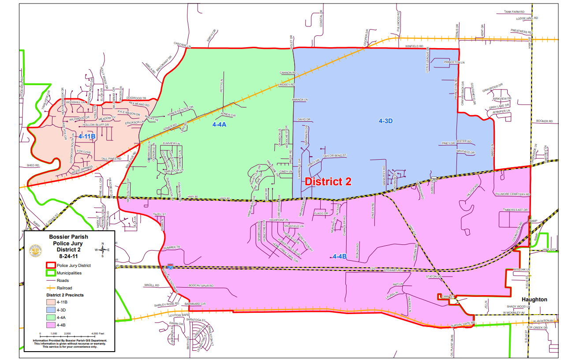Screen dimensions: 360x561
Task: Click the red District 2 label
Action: click(328, 181)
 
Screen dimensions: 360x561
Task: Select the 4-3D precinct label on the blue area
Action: click(385, 120)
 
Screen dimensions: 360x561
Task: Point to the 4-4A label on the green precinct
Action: click(219, 125)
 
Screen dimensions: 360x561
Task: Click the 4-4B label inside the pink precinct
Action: click(340, 256)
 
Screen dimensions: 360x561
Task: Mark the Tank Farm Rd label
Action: click(514, 12)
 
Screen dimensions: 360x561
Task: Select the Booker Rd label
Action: click(544, 121)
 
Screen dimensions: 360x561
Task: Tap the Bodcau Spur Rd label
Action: click(201, 286)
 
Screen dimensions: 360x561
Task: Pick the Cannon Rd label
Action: click(287, 73)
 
